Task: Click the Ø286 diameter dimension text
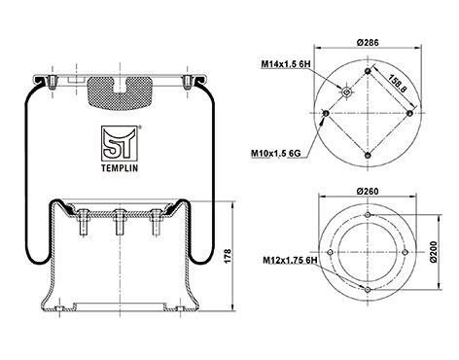pyautogui.click(x=368, y=43)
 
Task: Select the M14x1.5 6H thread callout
pyautogui.click(x=286, y=64)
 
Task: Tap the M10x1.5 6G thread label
pyautogui.click(x=276, y=153)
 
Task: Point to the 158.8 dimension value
pyautogui.click(x=397, y=84)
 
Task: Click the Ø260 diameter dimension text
pyautogui.click(x=368, y=192)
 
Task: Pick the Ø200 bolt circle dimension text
pyautogui.click(x=434, y=252)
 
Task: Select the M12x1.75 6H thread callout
pyautogui.click(x=290, y=260)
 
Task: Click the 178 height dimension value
pyautogui.click(x=229, y=256)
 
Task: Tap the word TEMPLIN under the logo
pyautogui.click(x=120, y=168)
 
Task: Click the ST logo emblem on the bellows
pyautogui.click(x=120, y=143)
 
